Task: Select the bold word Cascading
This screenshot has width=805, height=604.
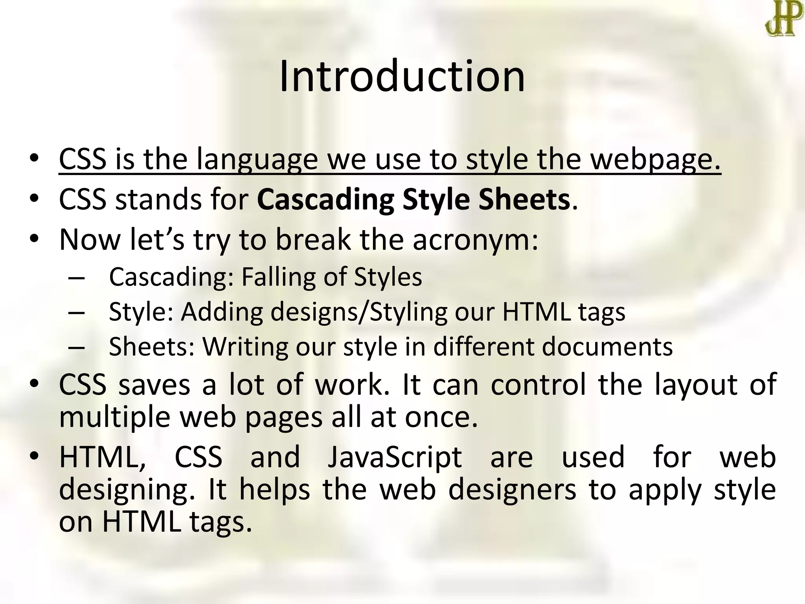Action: pyautogui.click(x=325, y=199)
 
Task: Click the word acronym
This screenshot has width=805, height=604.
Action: pyautogui.click(x=475, y=239)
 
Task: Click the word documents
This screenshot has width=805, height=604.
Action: pyautogui.click(x=607, y=346)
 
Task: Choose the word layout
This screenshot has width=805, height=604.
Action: pyautogui.click(x=696, y=384)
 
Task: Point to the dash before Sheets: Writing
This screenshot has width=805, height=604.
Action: pyautogui.click(x=76, y=347)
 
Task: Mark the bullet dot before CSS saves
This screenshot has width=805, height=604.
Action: pyautogui.click(x=35, y=383)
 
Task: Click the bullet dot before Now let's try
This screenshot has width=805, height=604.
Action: pyautogui.click(x=35, y=238)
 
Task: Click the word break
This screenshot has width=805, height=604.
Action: pyautogui.click(x=313, y=239)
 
